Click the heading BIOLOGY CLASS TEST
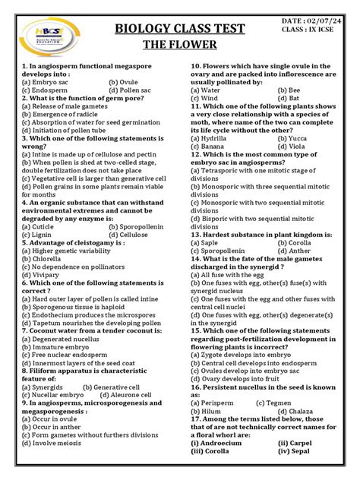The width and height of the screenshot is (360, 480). (179, 29)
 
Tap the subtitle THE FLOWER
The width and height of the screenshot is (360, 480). (179, 45)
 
